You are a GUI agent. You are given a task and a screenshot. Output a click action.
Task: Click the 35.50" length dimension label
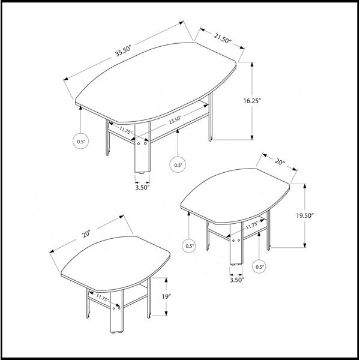tap(123, 52)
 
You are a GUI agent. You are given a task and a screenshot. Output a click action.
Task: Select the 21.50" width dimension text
tap(223, 38)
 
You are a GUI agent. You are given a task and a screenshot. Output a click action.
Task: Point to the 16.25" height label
tap(253, 101)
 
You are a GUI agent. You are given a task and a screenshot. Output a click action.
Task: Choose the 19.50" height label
tap(305, 215)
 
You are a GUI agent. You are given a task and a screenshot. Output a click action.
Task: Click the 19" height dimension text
tap(166, 296)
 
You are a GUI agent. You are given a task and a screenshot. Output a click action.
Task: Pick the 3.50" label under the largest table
tap(142, 188)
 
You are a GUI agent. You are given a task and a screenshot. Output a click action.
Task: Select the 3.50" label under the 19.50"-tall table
tap(237, 280)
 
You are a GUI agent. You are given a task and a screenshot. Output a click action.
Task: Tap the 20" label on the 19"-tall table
tap(87, 235)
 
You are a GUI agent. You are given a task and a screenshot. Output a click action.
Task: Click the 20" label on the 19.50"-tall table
tap(280, 161)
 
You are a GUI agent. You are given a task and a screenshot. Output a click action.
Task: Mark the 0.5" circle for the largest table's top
tap(81, 141)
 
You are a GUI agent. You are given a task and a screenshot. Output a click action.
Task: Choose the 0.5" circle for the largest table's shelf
tap(178, 164)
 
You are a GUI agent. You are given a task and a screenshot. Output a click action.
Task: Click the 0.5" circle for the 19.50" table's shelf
tap(259, 266)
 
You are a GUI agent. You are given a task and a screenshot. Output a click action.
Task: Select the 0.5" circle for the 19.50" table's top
tap(189, 245)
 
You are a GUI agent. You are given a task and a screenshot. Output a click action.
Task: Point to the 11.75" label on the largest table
tap(125, 130)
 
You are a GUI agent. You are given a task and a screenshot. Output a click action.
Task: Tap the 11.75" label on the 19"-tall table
tap(102, 298)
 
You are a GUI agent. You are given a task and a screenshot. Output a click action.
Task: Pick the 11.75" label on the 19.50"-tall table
tap(253, 225)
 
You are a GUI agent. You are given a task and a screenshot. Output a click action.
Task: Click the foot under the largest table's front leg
tap(142, 173)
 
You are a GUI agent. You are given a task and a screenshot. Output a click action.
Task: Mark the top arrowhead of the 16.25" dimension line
tap(252, 64)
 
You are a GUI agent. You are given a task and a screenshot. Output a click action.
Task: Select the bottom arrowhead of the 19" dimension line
tap(166, 313)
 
